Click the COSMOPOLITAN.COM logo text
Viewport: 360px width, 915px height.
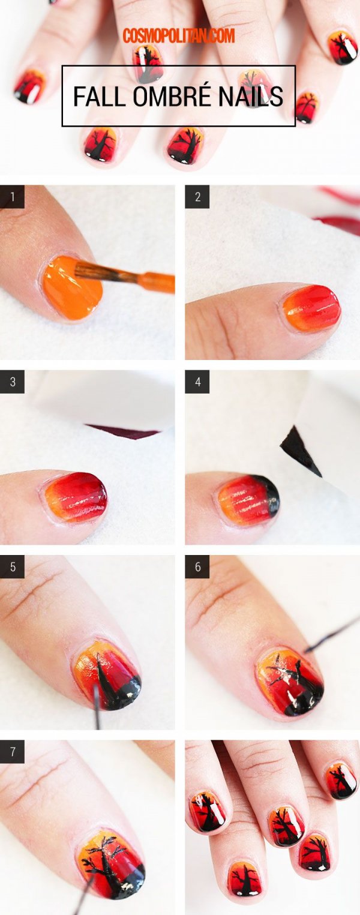pos(179,35)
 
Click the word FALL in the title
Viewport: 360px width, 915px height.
pos(98,97)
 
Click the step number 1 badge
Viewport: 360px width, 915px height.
pos(12,197)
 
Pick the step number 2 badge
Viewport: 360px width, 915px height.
pos(197,197)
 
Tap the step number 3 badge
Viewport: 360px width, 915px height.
pos(12,382)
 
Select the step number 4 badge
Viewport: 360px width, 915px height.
pos(197,382)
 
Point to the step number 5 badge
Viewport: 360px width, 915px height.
pos(12,567)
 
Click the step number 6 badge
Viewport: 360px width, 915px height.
pos(197,567)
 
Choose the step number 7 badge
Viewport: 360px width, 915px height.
pos(12,752)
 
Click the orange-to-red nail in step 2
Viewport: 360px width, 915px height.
pos(311,308)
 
